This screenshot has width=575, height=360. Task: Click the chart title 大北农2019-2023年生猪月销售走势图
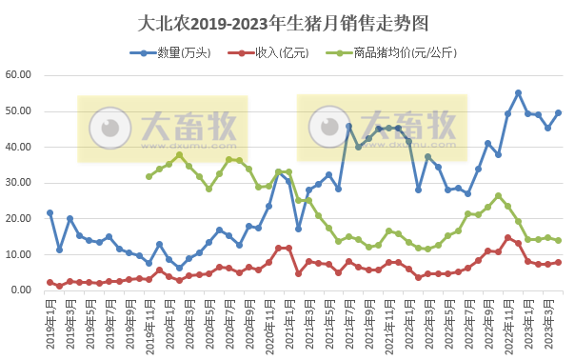click(284, 21)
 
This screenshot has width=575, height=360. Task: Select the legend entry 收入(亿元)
click(277, 53)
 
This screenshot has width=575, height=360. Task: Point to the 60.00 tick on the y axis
click(19, 75)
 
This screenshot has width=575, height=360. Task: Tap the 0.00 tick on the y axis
click(22, 290)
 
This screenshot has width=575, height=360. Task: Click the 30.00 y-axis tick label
click(19, 183)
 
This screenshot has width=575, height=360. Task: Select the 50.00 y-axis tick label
click(19, 111)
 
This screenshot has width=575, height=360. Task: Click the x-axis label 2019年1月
click(50, 322)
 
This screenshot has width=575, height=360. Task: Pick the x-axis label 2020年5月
click(208, 322)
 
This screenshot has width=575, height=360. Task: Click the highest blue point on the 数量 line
click(518, 93)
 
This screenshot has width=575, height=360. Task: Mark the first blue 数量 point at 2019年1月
click(50, 213)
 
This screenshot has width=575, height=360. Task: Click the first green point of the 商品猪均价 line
click(149, 176)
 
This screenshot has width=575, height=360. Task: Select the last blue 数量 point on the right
click(558, 112)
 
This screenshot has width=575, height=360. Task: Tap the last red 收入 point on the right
click(558, 262)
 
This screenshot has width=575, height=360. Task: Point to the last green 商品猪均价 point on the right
click(558, 240)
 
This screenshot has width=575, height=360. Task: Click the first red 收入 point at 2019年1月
click(50, 282)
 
